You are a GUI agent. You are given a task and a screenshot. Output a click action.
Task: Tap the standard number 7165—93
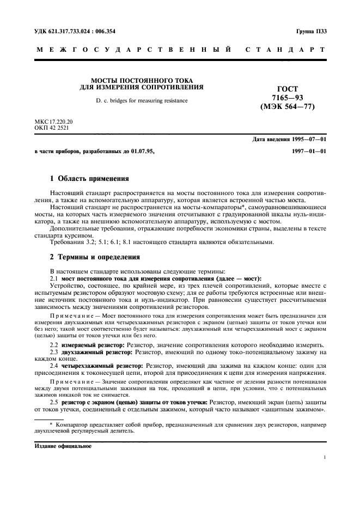tap(288, 98)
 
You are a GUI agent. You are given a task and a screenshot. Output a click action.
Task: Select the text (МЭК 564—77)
tap(288, 107)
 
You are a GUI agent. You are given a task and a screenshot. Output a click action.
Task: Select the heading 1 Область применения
tap(89, 178)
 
